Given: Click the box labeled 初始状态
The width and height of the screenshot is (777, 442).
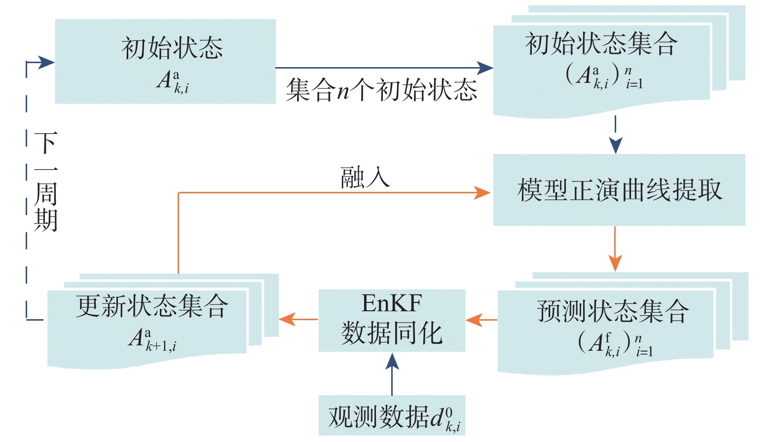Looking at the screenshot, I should coord(165,61).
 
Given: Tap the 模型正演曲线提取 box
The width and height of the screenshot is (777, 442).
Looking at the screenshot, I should coord(619,190).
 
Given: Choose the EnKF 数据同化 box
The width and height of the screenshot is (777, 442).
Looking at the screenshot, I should coord(392,320).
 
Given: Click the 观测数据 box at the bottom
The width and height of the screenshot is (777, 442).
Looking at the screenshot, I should coord(392,415).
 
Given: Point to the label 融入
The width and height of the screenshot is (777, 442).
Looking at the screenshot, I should coord(365,178).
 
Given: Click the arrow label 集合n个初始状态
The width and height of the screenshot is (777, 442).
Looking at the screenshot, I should coord(381,90).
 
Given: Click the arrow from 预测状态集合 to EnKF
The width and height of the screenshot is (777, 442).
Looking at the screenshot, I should coord(481,320).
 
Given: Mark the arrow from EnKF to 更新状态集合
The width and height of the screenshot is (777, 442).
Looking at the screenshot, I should coord(298,319).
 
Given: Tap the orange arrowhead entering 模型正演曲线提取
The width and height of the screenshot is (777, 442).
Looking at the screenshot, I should coord(482,192).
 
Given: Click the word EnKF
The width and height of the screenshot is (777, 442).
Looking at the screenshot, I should coord(392,303).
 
